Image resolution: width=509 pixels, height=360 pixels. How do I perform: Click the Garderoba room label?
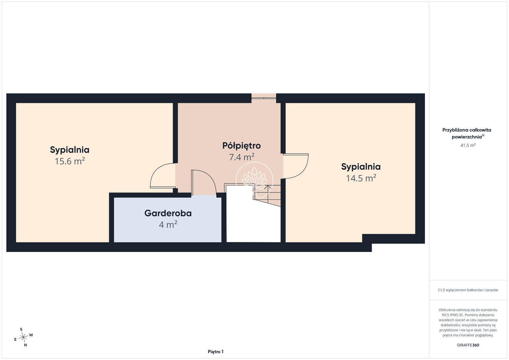coord(168,213)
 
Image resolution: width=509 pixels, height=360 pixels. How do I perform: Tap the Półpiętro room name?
coord(241,146)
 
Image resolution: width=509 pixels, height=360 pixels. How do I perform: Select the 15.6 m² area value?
coord(70,161)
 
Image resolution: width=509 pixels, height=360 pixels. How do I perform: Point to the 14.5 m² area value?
coord(361,178)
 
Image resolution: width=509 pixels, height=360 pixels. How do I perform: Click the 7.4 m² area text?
coord(241,157)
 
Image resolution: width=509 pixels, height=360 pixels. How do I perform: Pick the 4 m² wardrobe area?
coord(168,225)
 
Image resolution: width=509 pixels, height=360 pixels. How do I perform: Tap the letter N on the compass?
coord(25,345)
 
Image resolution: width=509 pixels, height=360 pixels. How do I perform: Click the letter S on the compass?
coord(21,329)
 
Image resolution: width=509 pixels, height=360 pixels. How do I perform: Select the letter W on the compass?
coord(31,335)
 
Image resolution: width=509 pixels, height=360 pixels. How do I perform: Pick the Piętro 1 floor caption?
coord(216,352)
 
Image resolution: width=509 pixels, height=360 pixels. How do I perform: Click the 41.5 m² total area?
coord(468,145)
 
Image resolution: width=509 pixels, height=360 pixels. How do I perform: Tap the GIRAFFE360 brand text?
coord(468,345)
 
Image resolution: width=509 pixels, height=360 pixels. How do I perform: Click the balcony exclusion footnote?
coord(468,290)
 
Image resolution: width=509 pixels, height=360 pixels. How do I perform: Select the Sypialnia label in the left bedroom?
coord(70,150)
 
